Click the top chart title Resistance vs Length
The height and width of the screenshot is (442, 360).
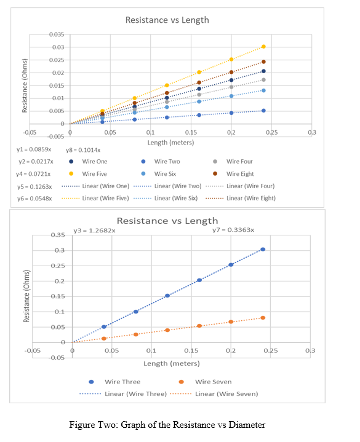167,20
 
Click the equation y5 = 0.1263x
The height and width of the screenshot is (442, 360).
34,186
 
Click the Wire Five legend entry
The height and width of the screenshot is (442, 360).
94,174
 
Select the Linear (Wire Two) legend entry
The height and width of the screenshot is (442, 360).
177,186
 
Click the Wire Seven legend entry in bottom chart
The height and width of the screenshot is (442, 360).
213,382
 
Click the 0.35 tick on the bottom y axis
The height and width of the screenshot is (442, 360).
57,235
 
